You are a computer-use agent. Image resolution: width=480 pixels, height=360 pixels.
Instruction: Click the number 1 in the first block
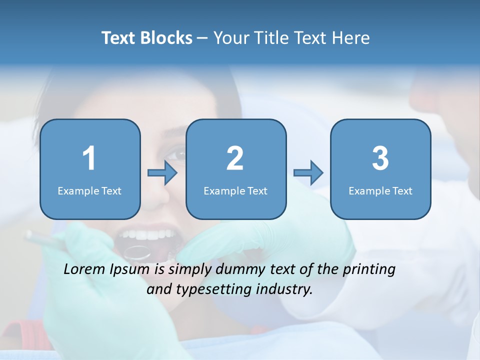point(89,158)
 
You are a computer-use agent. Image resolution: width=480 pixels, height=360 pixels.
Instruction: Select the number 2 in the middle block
point(235,158)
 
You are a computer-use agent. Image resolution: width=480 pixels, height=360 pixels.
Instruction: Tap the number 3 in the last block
point(380,158)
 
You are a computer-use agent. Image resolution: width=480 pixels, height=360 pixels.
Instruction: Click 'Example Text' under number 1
point(89,190)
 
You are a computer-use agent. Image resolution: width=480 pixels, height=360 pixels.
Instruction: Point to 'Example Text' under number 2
point(235,190)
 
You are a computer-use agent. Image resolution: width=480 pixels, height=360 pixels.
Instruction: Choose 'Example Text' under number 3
point(380,190)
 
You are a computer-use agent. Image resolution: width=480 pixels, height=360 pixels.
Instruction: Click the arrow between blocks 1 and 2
point(162,173)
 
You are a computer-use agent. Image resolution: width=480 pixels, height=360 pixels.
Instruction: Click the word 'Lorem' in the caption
point(84,269)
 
